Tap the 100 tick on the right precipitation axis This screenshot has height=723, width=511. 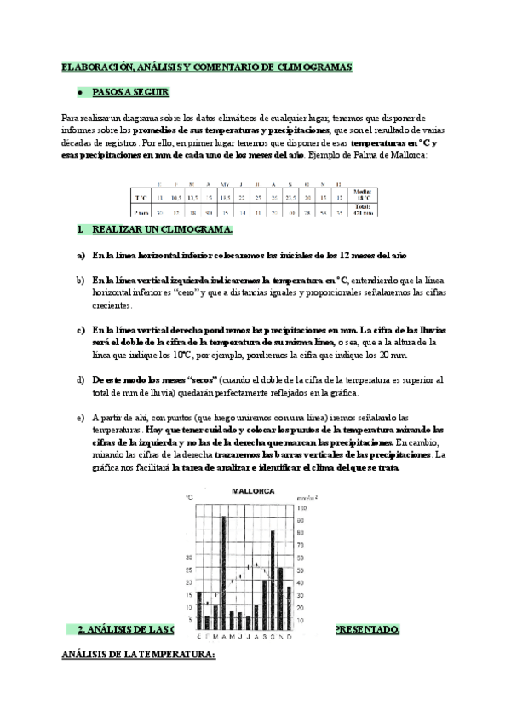[299, 508]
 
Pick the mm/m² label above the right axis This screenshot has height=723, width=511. [306, 496]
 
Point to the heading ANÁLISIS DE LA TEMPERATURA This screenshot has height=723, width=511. [141, 655]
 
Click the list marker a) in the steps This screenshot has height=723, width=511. [81, 255]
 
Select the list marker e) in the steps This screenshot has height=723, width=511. [81, 418]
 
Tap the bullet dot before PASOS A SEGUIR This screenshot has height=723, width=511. [79, 92]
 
